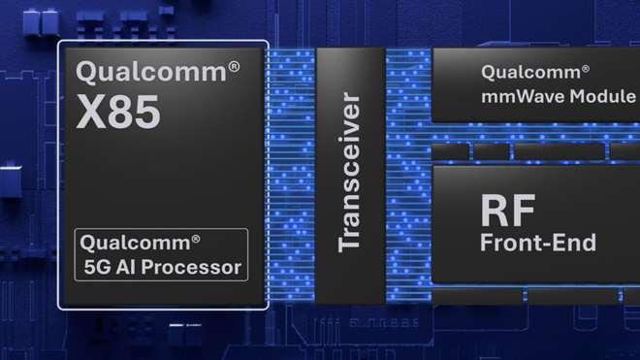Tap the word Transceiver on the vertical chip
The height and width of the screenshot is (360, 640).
tap(350, 173)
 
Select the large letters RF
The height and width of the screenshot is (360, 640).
tap(508, 210)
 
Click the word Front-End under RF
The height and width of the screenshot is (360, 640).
tap(537, 243)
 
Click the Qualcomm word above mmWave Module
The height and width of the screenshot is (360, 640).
tap(528, 73)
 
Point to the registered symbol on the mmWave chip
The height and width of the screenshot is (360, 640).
tap(585, 68)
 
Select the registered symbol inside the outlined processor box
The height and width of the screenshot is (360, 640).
tap(195, 238)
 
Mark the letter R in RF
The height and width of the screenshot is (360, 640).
tap(495, 210)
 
